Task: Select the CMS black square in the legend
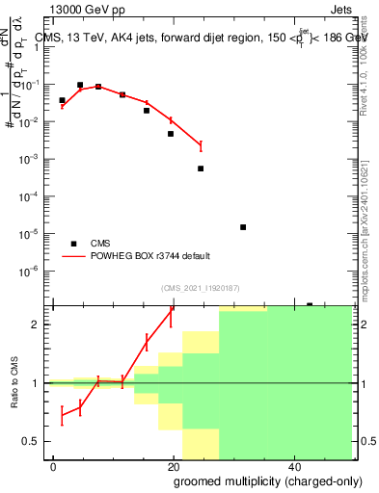(x=74, y=244)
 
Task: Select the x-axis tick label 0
(x=53, y=465)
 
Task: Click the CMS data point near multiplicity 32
(x=243, y=227)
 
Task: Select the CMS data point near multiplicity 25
(x=201, y=169)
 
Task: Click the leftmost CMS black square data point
(x=62, y=100)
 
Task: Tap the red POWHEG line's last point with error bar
(x=201, y=145)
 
